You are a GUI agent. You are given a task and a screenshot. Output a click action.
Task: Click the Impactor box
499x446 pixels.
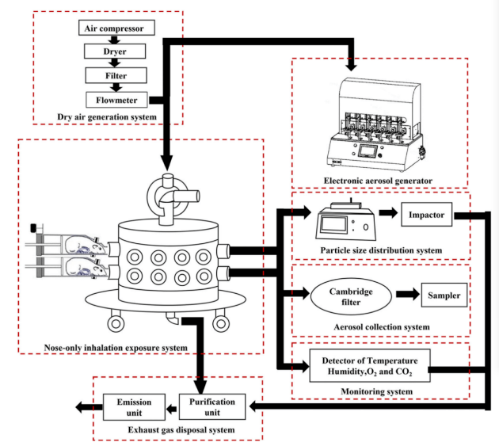coord(429,214)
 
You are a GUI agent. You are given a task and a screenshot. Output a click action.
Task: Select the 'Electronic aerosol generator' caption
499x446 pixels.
coord(379,181)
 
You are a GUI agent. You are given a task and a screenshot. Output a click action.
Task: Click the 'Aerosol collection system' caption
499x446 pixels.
coord(381,326)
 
